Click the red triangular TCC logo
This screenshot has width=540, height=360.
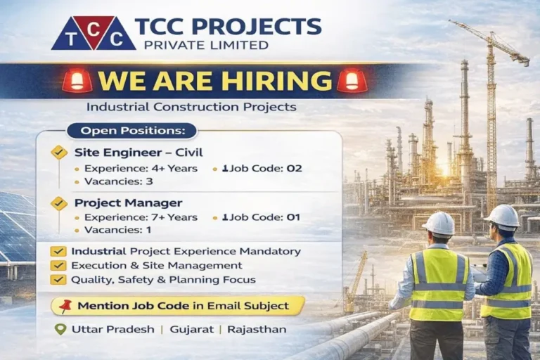[x=93, y=32]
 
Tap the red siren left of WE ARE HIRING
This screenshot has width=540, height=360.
[x=77, y=80]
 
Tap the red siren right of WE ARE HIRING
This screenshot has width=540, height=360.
[x=352, y=80]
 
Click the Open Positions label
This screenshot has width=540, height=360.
[x=132, y=130]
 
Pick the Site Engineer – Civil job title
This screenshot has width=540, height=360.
[x=129, y=152]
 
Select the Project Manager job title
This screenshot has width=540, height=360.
[x=118, y=202]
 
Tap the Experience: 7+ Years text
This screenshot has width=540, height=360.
[x=141, y=217]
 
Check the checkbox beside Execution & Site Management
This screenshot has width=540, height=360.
[x=59, y=265]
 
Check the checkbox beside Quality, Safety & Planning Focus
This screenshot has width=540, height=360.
[x=59, y=279]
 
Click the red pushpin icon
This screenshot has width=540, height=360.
[x=66, y=306]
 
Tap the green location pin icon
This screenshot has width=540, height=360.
[x=60, y=328]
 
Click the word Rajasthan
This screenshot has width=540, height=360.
[x=257, y=329]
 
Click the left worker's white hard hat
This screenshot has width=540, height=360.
[x=439, y=223]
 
